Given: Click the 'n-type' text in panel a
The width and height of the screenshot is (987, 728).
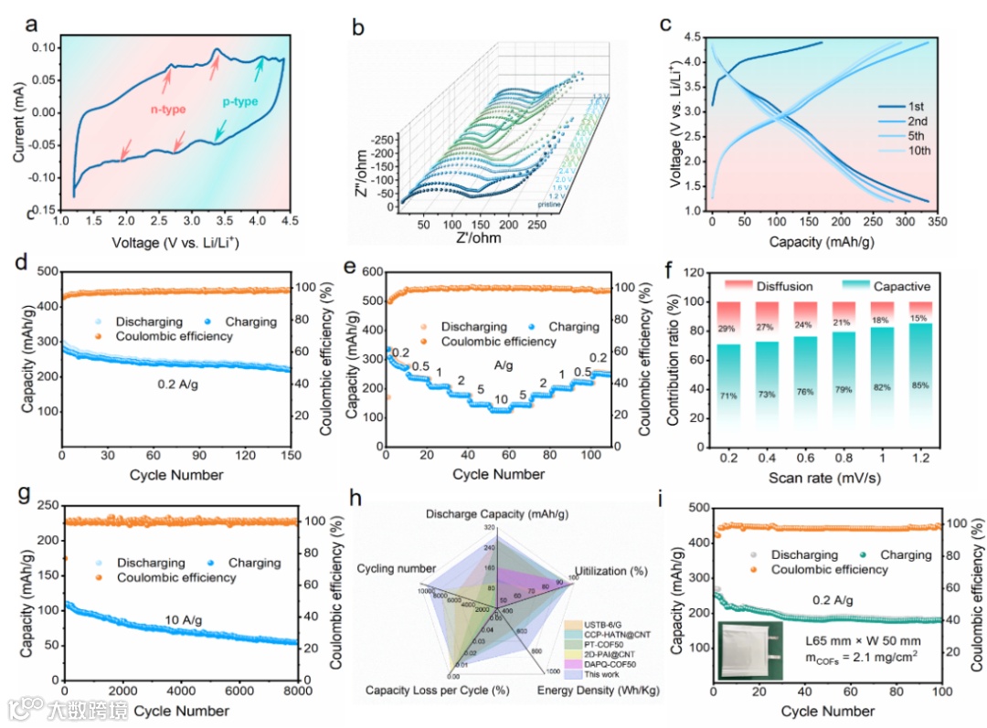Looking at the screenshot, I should click(167, 110).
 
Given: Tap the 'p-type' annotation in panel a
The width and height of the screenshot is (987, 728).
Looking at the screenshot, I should click(240, 102).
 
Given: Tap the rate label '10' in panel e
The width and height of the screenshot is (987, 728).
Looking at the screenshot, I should click(502, 400).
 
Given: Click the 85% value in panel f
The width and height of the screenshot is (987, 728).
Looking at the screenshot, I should click(921, 385).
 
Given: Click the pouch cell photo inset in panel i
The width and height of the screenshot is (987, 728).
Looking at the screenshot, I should click(751, 649).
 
